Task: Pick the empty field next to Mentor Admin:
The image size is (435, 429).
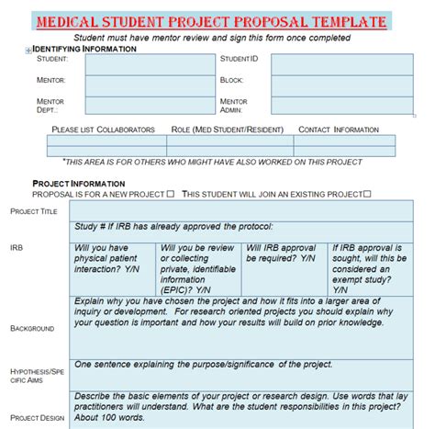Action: pos(332,104)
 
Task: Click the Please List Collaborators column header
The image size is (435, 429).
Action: pos(104,130)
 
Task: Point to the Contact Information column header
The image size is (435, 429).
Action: pos(339,130)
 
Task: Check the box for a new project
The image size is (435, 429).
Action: pos(170,194)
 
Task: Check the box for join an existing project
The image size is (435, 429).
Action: pos(367,194)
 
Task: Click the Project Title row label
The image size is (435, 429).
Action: pos(34,211)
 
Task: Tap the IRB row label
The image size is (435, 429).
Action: pos(17,248)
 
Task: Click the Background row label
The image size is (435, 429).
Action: pos(32,327)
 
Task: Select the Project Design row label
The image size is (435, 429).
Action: pos(38,417)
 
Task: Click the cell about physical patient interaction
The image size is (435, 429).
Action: pos(112,259)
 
